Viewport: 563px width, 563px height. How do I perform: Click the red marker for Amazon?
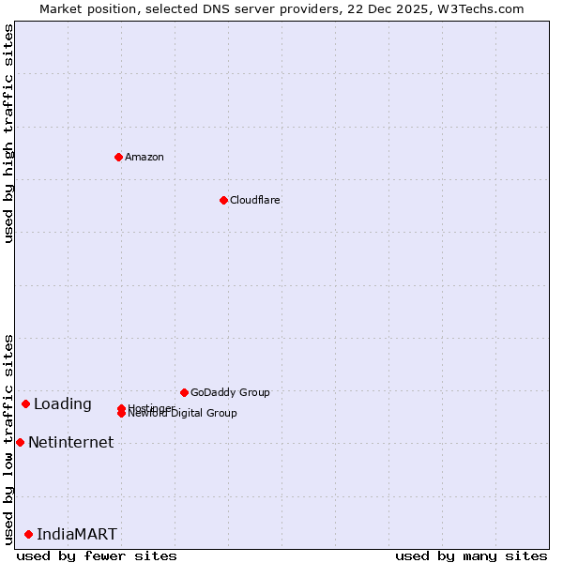point(118,157)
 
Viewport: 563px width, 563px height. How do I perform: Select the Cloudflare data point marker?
point(223,200)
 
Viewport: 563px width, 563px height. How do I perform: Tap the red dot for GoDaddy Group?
point(184,392)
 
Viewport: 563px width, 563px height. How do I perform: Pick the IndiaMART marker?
point(28,534)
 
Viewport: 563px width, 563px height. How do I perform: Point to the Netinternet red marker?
point(20,442)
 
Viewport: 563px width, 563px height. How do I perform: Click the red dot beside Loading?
point(25,403)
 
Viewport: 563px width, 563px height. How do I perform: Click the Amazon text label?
point(145,157)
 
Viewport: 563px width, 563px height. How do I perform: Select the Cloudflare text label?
point(255,200)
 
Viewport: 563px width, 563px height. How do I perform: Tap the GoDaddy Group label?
point(230,392)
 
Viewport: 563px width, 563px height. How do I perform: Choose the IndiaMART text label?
point(77,534)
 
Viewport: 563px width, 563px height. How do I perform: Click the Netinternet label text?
point(71,442)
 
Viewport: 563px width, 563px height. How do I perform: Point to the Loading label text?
point(63,404)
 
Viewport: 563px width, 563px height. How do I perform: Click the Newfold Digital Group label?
point(183,414)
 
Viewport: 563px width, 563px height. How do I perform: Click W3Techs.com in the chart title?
point(478,8)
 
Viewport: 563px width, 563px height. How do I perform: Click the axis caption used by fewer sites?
point(97,555)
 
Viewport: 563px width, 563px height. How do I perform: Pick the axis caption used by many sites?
point(471,555)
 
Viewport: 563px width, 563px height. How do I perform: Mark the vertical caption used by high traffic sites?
point(8,133)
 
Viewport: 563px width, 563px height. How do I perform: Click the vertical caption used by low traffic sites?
point(8,439)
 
